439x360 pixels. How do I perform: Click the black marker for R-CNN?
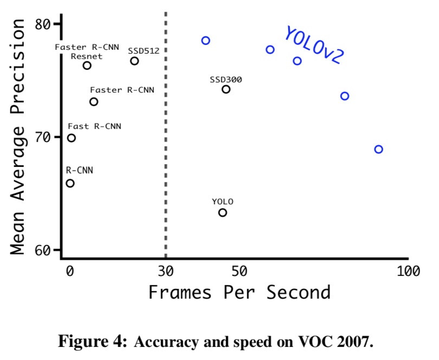coord(70,183)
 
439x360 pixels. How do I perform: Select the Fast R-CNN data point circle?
coord(71,138)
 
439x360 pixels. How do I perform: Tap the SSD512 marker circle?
coord(134,61)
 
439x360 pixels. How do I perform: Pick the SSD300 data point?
coord(226,89)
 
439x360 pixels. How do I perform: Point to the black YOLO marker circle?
coord(223,213)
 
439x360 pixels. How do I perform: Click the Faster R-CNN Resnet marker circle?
coord(87,66)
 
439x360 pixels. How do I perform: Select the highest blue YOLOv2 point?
coord(205,41)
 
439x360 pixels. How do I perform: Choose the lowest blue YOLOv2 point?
coord(378,149)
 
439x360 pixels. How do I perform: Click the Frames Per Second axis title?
coord(239,292)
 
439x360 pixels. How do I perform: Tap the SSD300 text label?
coord(226,80)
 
